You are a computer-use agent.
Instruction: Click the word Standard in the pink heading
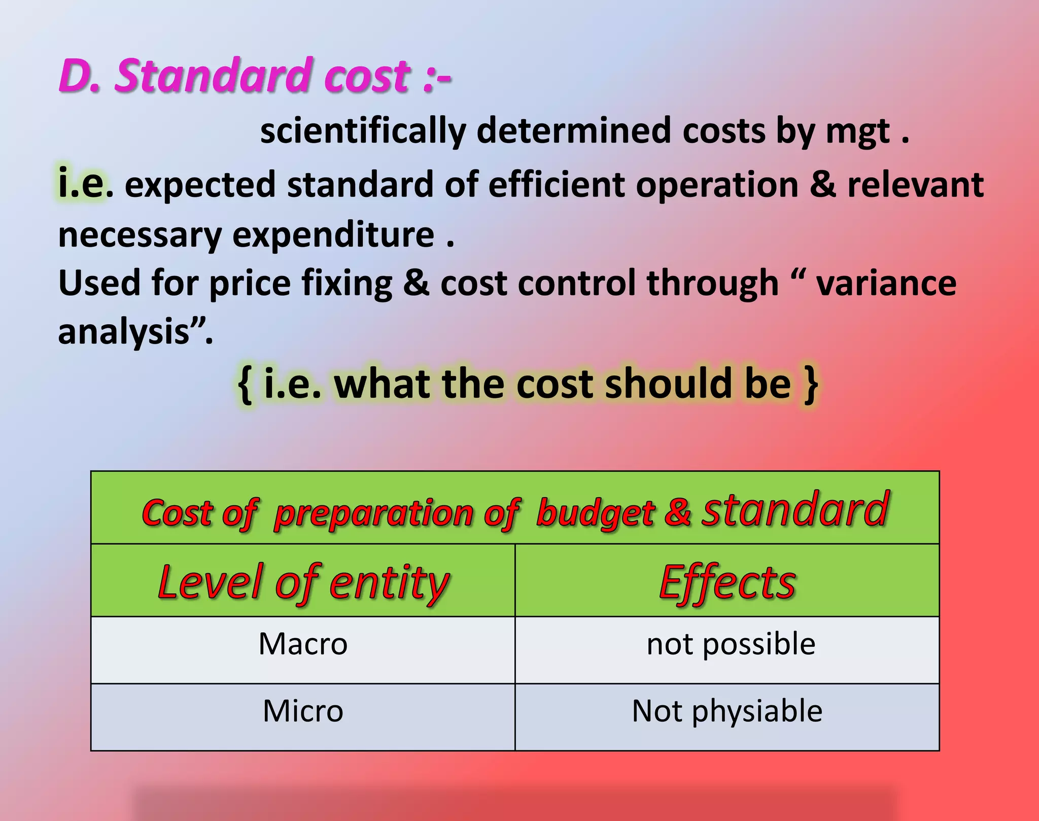point(212,76)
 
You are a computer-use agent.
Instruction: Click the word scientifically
point(363,131)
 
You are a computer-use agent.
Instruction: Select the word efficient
point(556,184)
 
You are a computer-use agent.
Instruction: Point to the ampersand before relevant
point(822,184)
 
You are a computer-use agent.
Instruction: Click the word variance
point(886,283)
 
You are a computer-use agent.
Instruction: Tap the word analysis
point(124,332)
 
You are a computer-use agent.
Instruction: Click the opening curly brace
point(245,384)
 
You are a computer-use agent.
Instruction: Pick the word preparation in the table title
point(374,514)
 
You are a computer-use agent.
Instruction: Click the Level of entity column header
point(303,582)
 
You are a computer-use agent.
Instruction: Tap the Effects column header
point(727,582)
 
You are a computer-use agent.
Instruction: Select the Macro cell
point(303,644)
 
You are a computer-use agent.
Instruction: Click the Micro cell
point(303,711)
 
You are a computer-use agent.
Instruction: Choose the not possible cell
point(731,644)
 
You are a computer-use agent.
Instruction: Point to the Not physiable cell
point(726,711)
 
